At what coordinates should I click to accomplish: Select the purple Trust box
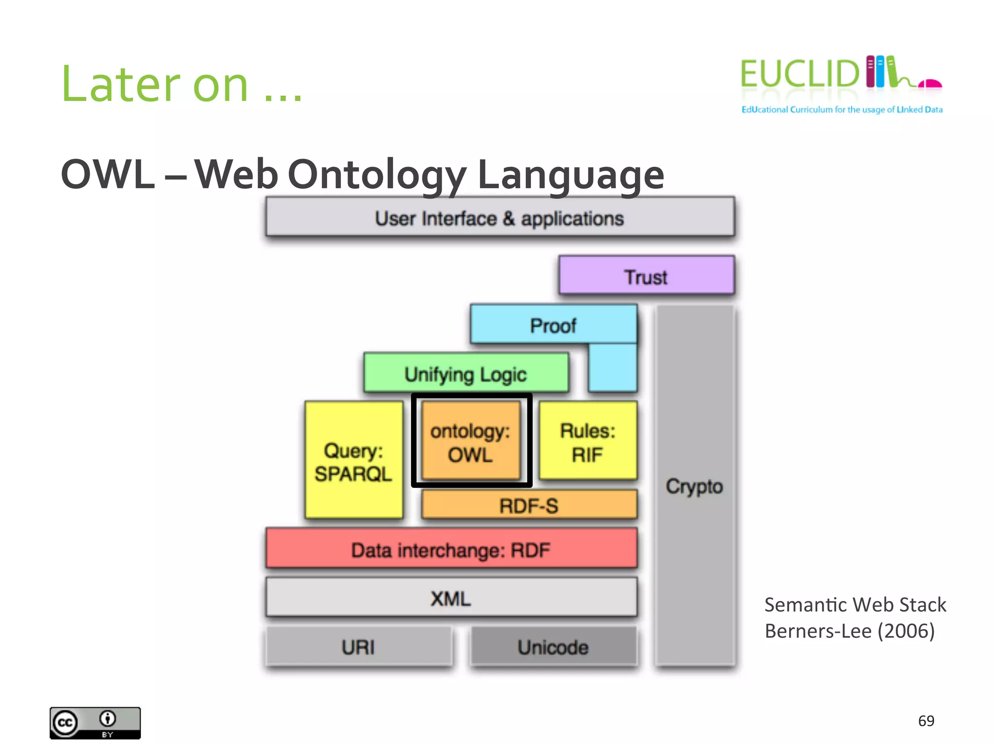click(646, 276)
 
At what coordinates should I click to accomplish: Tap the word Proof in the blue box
click(553, 325)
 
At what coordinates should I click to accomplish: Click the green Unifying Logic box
click(466, 373)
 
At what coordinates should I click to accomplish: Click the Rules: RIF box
click(588, 441)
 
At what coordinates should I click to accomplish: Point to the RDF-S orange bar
click(529, 505)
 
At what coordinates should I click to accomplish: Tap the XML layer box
click(451, 598)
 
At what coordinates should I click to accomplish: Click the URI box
click(358, 647)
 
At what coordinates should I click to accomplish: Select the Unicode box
click(553, 647)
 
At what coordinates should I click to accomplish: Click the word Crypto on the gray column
click(695, 486)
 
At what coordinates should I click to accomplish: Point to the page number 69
click(926, 721)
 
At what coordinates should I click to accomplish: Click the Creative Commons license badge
click(95, 723)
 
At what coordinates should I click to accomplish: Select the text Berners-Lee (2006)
click(849, 631)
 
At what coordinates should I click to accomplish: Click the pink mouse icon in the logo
click(930, 84)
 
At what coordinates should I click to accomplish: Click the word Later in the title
click(121, 85)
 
